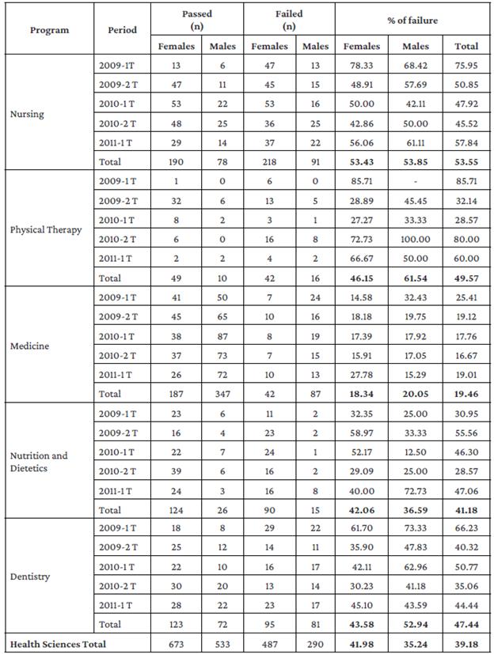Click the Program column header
[x=49, y=30]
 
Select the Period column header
[x=122, y=30]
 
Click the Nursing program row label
[x=27, y=114]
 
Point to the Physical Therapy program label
[x=47, y=230]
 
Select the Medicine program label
[x=29, y=346]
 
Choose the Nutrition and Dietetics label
[x=39, y=462]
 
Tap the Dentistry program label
[x=31, y=577]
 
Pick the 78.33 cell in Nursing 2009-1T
[x=359, y=66]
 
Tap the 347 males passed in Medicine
[x=222, y=393]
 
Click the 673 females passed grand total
[x=176, y=644]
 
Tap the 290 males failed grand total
[x=315, y=644]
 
